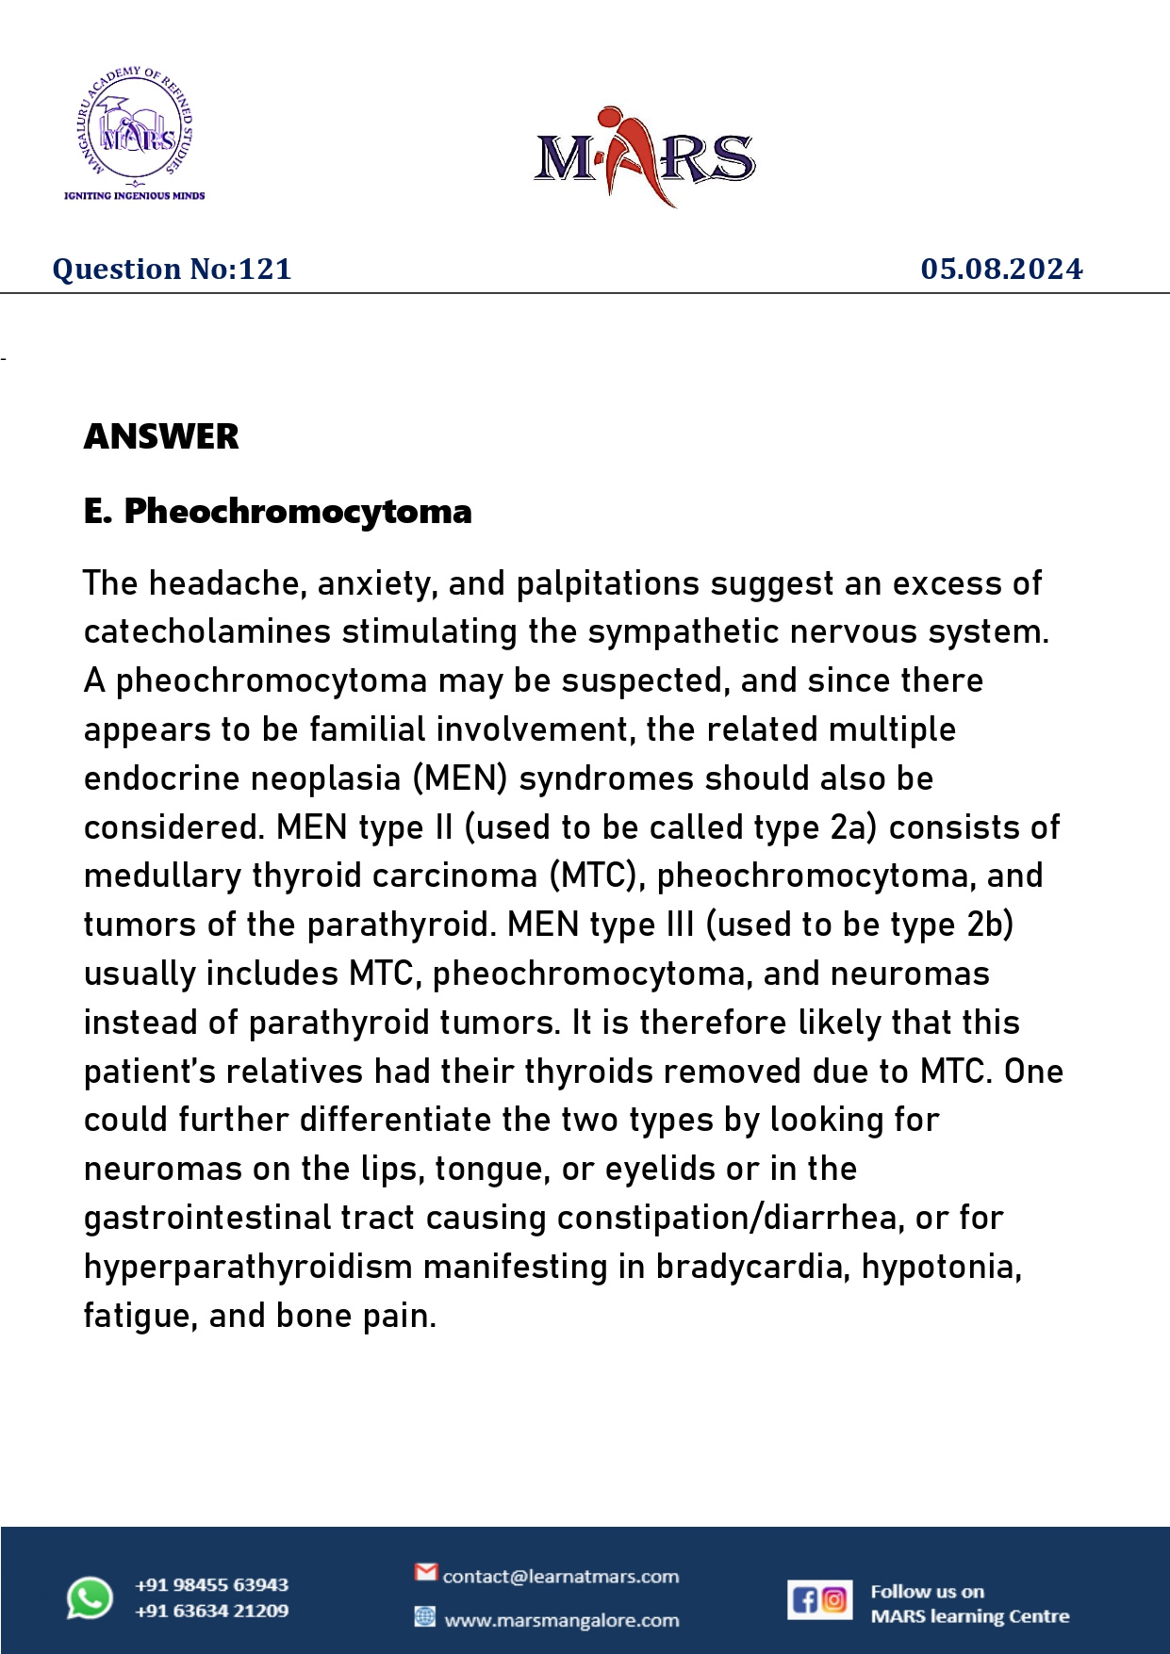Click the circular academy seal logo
pos(134,124)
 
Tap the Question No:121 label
pos(172,270)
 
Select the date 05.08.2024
pos(1001,270)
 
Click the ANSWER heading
pos(161,436)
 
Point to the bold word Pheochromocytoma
pos(298,512)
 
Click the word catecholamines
pos(206,631)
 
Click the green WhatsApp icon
pos(90,1598)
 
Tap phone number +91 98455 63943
pos(211,1584)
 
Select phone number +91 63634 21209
pos(211,1611)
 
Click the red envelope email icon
pos(426,1572)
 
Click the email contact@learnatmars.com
pos(560,1577)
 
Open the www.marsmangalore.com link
pos(561,1620)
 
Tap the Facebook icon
pos(805,1599)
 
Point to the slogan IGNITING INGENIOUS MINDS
pos(134,196)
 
